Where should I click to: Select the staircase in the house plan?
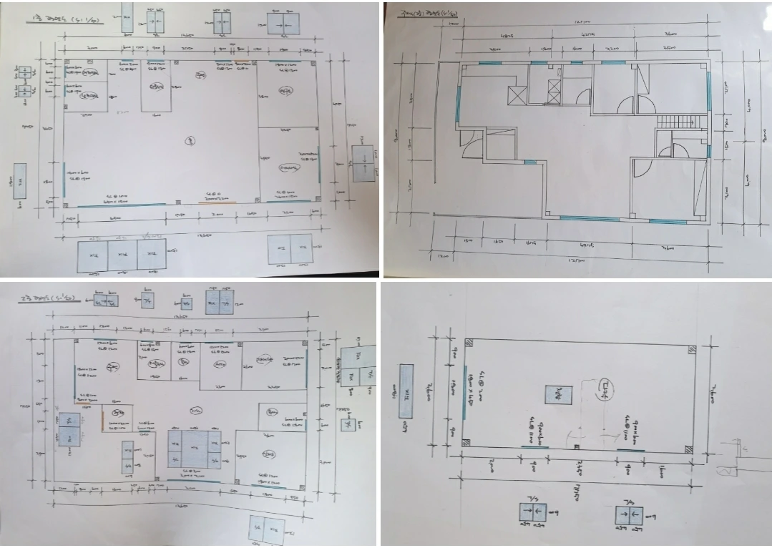676,122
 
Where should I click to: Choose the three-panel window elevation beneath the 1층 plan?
122,255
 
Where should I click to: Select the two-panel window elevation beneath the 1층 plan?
290,249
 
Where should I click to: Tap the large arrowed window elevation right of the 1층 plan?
363,163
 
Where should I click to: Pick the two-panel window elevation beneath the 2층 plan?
266,529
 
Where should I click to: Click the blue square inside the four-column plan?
558,396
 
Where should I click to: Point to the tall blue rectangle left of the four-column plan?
406,390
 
